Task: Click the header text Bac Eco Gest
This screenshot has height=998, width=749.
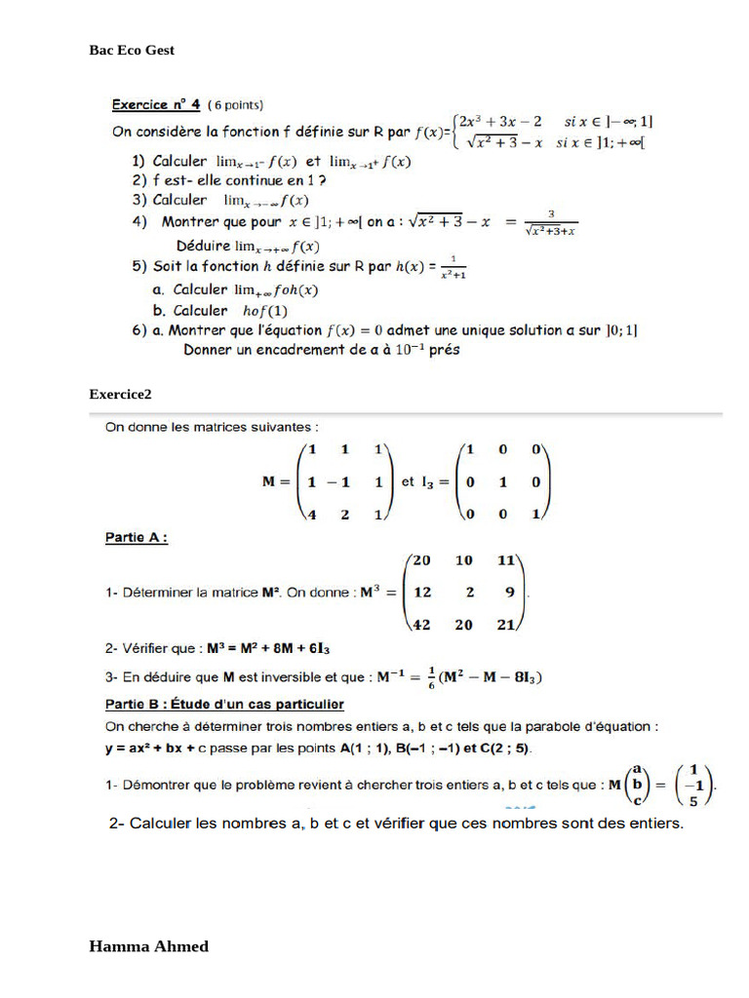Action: [x=132, y=50]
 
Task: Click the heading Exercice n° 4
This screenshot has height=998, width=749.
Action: [x=156, y=104]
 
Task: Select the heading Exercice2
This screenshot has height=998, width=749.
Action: [x=120, y=394]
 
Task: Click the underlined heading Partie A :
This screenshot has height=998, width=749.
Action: [x=136, y=537]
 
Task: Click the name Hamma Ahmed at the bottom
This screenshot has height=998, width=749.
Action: [x=148, y=945]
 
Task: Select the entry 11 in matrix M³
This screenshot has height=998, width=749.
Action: [x=505, y=560]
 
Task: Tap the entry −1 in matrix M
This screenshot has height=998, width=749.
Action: [x=340, y=481]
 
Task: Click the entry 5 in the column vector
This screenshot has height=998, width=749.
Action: [x=693, y=803]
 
